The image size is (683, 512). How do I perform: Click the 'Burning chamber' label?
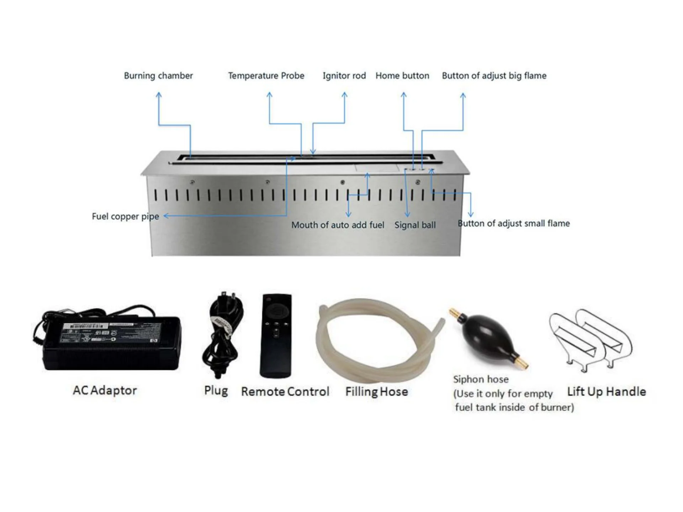(x=158, y=76)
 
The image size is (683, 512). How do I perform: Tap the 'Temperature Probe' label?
(x=266, y=76)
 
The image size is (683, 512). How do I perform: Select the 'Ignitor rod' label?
(x=344, y=76)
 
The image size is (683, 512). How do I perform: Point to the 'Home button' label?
(x=402, y=76)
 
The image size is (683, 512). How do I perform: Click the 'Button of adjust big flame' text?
(x=494, y=76)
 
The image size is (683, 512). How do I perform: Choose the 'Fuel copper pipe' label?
(x=125, y=217)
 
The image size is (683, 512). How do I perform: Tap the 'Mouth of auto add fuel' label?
(x=338, y=225)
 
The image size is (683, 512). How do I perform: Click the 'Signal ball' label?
(x=415, y=225)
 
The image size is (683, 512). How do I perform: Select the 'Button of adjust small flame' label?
(x=514, y=224)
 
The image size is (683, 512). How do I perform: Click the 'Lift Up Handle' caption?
(x=607, y=391)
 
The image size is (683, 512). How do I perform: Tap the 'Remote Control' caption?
(x=285, y=391)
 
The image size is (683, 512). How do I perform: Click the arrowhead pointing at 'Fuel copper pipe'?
(x=166, y=216)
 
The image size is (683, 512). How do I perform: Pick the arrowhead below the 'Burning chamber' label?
(x=159, y=95)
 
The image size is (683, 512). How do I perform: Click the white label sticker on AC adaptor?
(x=85, y=326)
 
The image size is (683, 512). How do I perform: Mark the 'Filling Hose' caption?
(x=377, y=391)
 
